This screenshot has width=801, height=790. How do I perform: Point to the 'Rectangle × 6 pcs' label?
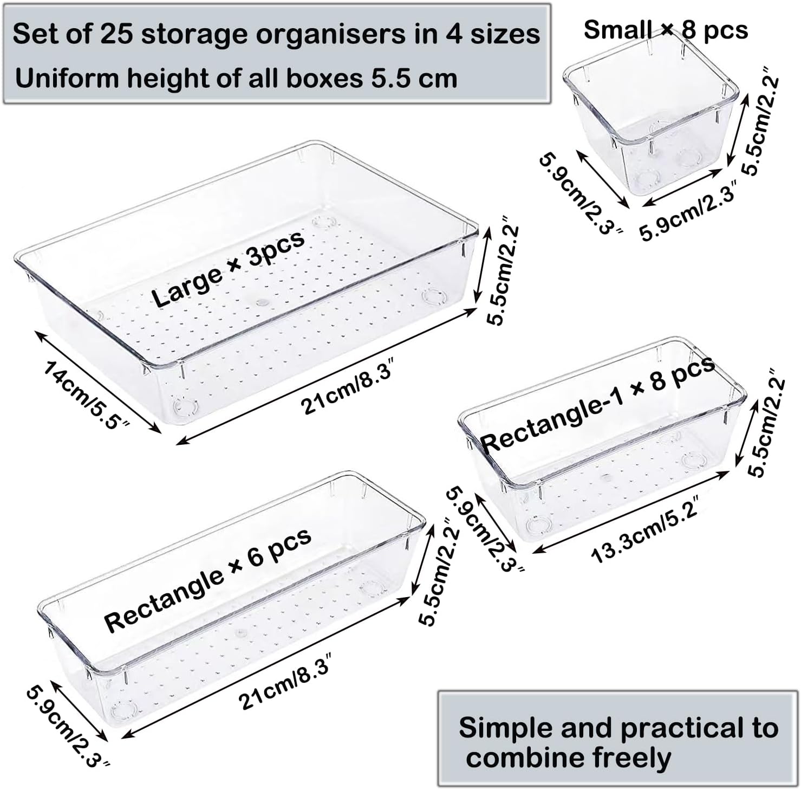pos(208,580)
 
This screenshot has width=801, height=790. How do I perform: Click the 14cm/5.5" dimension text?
pos(87,394)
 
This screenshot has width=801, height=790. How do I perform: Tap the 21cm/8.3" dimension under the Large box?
pos(347,390)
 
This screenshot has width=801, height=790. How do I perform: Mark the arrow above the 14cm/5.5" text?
pos(98,382)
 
